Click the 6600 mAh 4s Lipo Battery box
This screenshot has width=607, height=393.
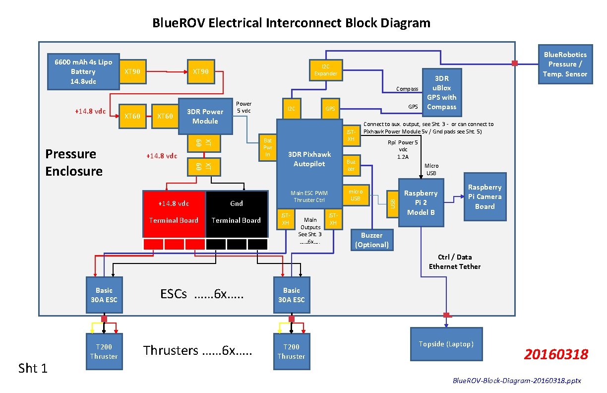point(83,71)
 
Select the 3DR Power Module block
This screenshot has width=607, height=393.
point(205,117)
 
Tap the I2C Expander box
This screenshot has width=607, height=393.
point(326,70)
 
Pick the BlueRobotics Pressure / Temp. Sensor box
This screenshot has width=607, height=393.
point(565,65)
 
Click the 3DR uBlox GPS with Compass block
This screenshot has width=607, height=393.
point(441,93)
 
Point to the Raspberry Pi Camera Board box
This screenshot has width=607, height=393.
point(485,196)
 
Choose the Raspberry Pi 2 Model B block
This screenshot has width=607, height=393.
point(421,202)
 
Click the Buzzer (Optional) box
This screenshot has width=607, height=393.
point(371,240)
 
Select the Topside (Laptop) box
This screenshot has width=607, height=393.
point(446,344)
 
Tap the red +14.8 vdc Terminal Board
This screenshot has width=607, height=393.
point(174,212)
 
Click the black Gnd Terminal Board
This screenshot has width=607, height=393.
point(236,212)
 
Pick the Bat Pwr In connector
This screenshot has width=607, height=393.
point(267,147)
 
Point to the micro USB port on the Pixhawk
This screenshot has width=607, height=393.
point(356,195)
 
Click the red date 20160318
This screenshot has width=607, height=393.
point(556,354)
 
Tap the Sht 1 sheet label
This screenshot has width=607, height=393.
point(33,368)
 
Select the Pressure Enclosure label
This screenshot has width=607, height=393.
point(74,163)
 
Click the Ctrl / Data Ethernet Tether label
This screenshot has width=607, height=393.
point(454,262)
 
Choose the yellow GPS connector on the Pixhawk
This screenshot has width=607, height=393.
point(330,109)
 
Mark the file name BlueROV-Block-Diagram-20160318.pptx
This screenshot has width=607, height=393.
point(517,381)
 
